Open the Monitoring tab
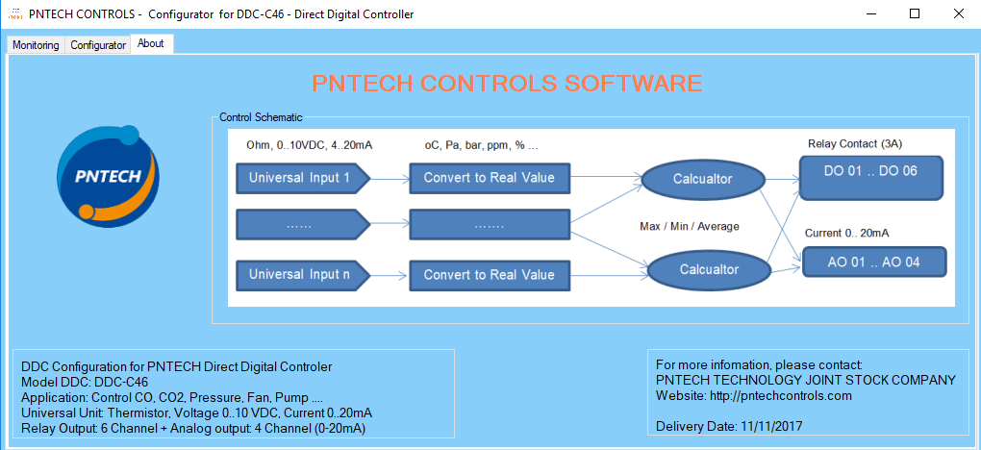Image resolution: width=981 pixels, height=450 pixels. pos(36,45)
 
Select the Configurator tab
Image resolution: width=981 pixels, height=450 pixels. pos(98,45)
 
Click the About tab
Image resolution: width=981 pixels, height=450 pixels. pos(151,43)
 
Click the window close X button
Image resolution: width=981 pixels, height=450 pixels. pos(958,14)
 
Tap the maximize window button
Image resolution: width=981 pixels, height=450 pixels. pos(914,14)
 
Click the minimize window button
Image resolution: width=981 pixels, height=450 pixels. pos(869,14)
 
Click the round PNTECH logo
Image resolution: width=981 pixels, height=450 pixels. pos(107,174)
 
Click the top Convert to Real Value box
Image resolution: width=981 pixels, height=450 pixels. pos(490,178)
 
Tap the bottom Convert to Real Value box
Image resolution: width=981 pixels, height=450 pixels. pos(490,275)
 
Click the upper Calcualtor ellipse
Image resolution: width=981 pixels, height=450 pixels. pos(703,179)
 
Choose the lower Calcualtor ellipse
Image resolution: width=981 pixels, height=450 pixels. pos(709,270)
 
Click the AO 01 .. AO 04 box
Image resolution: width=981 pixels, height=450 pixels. pos(874,262)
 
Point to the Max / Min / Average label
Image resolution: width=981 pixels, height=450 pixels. pos(689,226)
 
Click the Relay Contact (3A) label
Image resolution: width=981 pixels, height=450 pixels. pos(854,144)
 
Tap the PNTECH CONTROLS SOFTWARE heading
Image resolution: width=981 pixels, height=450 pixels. pos(507,83)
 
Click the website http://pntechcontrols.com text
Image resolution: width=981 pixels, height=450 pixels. pos(753,395)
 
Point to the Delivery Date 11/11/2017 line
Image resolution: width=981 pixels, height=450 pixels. pos(728,426)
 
